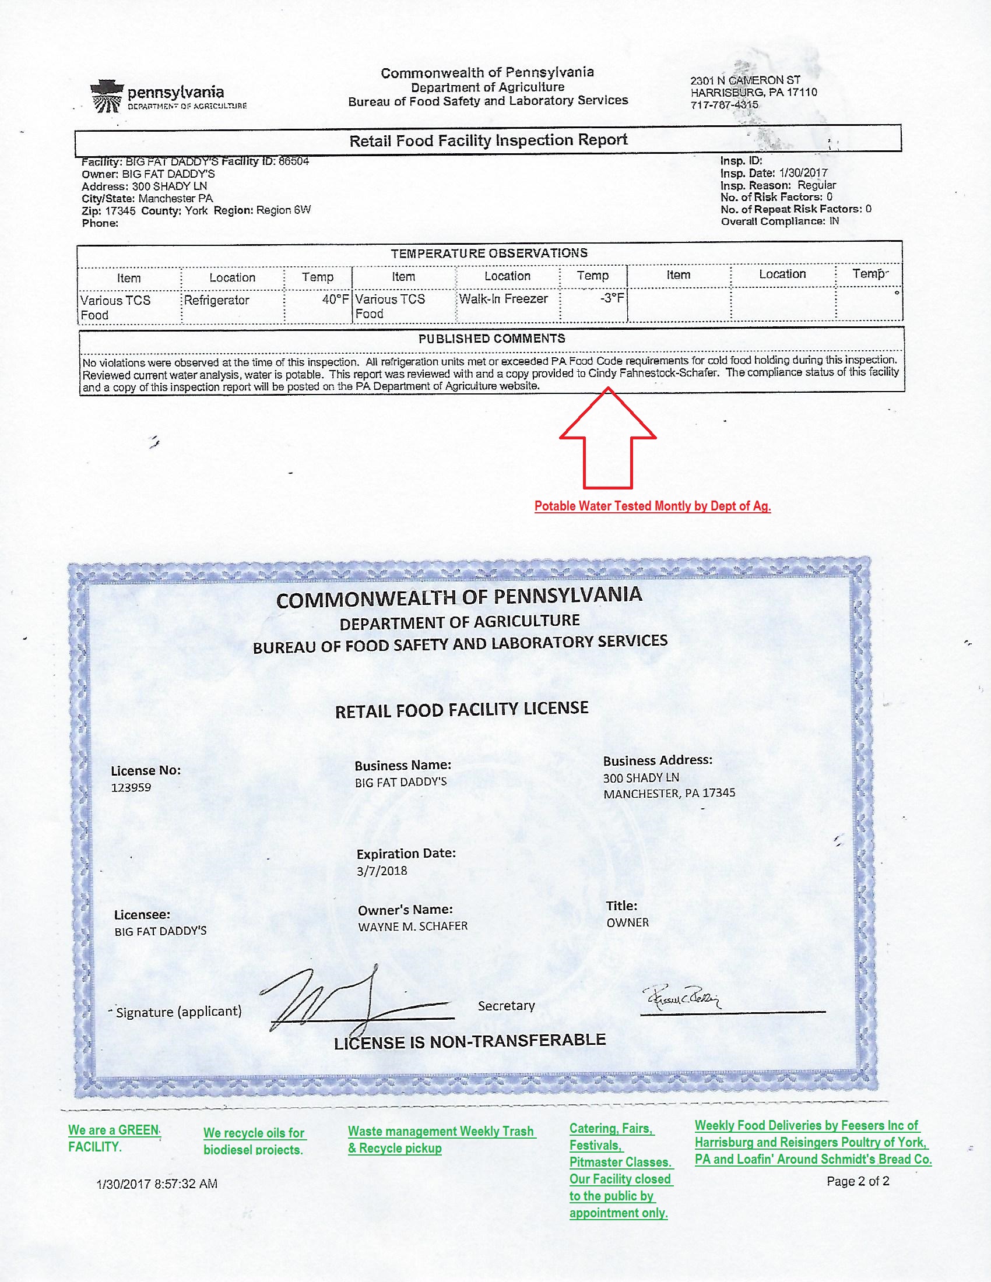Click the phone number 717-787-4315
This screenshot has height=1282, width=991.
point(725,105)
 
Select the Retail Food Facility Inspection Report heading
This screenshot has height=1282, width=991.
point(488,140)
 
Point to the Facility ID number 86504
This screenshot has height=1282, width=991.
point(294,161)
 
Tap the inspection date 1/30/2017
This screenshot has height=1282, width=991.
point(803,173)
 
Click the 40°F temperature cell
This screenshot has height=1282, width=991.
point(335,300)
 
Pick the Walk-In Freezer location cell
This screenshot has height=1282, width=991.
point(503,299)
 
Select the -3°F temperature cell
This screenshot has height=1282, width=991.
point(612,298)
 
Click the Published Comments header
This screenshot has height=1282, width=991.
point(491,339)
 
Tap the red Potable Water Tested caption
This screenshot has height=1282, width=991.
point(652,506)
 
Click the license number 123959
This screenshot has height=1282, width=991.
point(131,788)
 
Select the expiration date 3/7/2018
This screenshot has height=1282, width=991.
point(382,871)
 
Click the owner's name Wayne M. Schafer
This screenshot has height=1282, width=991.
point(413,927)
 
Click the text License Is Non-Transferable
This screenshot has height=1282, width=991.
point(470,1041)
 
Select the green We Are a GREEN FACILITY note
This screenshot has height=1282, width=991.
point(114,1138)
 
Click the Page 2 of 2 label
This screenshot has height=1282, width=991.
point(858,1182)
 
